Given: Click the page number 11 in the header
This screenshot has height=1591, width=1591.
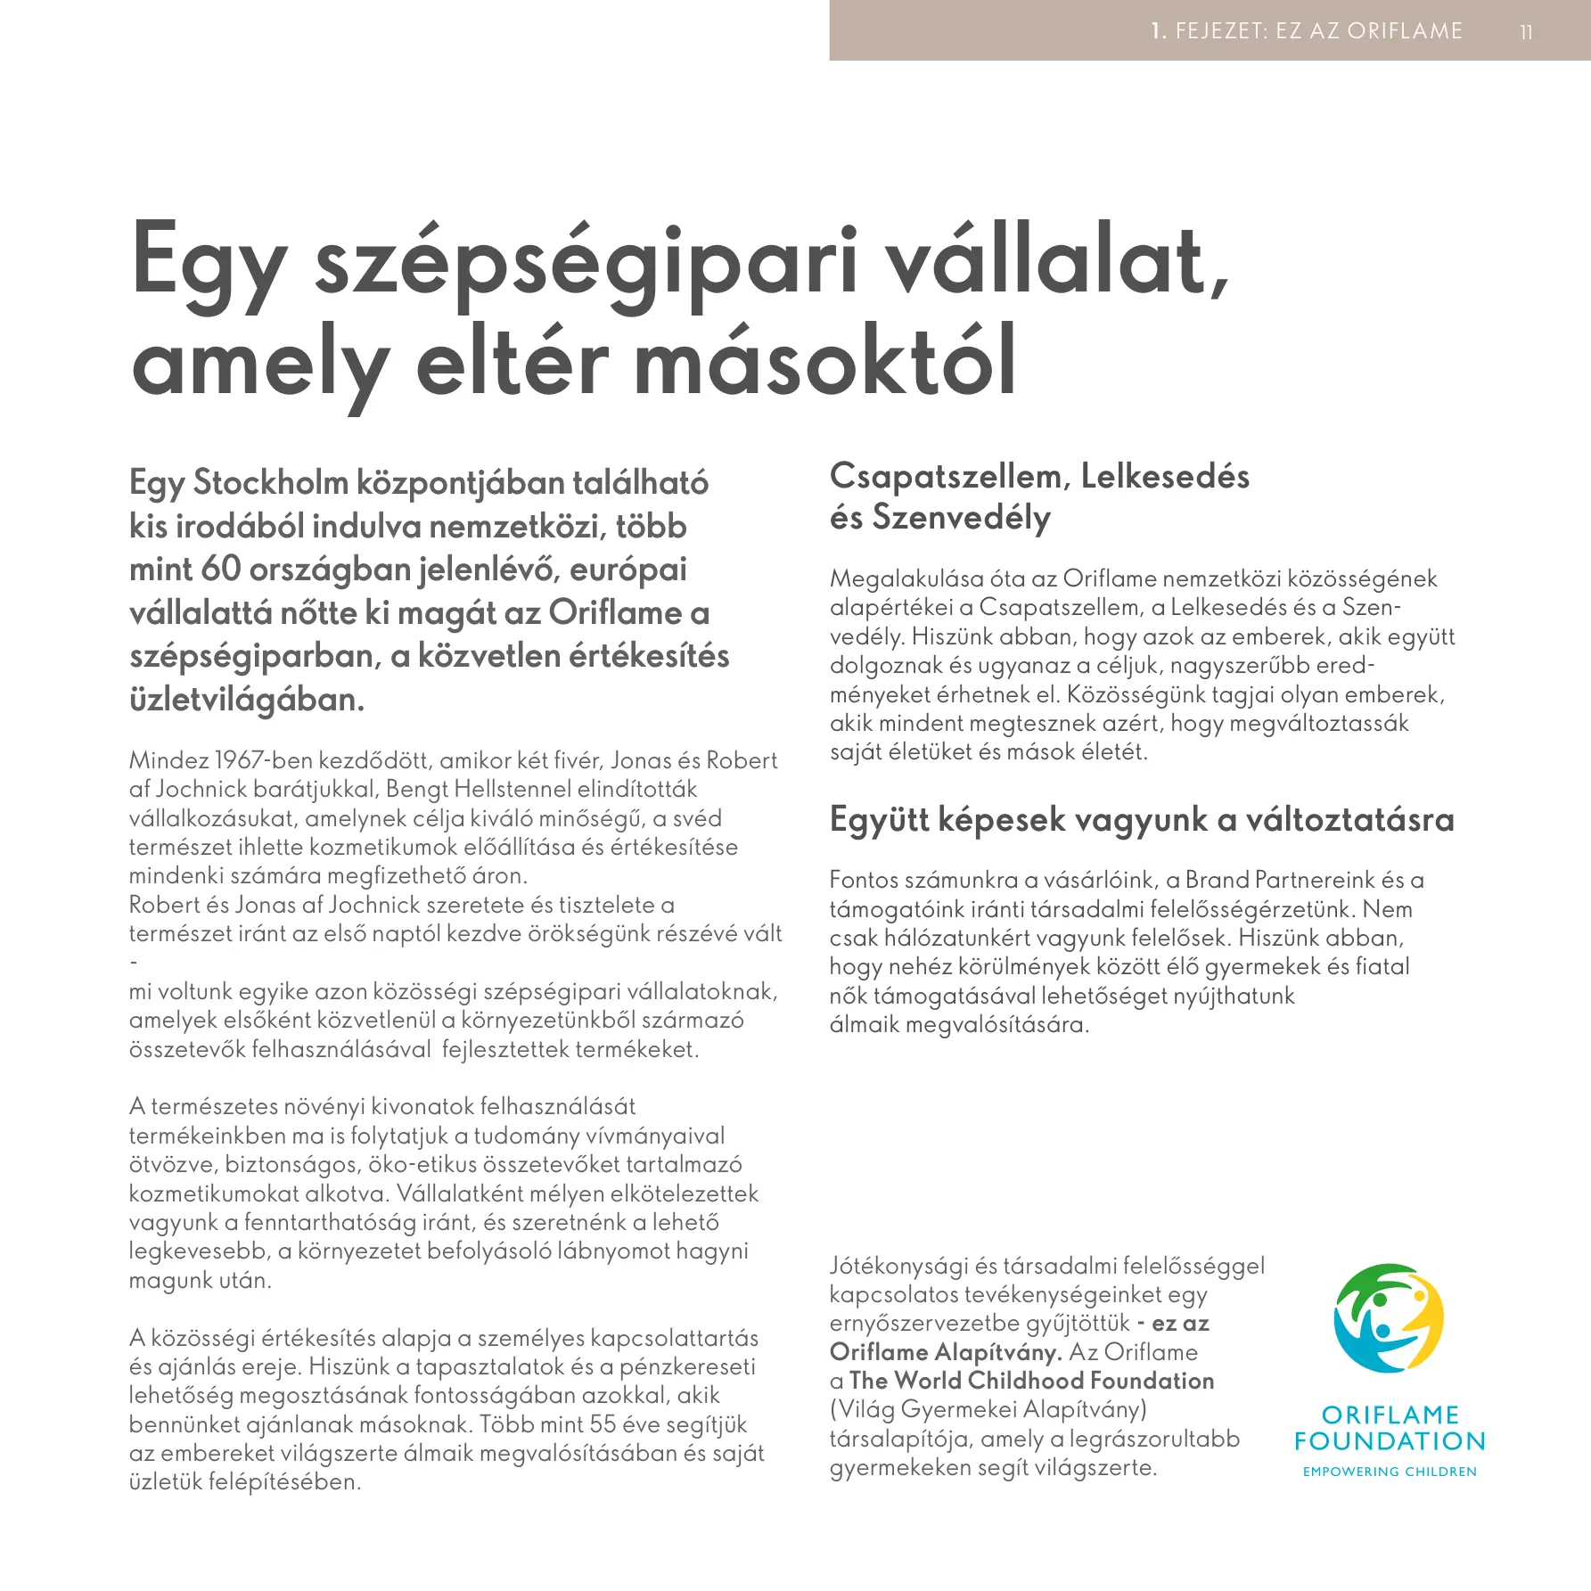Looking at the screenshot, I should (1526, 32).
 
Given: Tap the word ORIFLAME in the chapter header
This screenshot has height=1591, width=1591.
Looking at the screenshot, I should (1405, 31).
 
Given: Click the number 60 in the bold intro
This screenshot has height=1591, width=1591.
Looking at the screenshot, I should (220, 569).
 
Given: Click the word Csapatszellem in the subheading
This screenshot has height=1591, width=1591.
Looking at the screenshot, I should (946, 477).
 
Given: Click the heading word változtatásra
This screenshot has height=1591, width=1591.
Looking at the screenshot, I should (1349, 819).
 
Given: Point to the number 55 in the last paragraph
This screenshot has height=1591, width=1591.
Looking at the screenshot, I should (603, 1424).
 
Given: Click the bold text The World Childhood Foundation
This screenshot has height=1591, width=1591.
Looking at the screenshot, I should (1031, 1381).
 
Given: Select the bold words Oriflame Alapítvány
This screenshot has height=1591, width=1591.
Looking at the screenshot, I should (945, 1352).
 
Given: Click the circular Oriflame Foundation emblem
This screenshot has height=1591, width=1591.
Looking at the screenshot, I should (1389, 1318).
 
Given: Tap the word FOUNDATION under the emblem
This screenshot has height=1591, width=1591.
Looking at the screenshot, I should (1390, 1441).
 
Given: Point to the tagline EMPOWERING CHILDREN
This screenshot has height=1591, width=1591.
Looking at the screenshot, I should (1390, 1472).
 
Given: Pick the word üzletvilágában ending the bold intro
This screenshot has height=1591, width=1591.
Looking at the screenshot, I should (246, 700).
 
